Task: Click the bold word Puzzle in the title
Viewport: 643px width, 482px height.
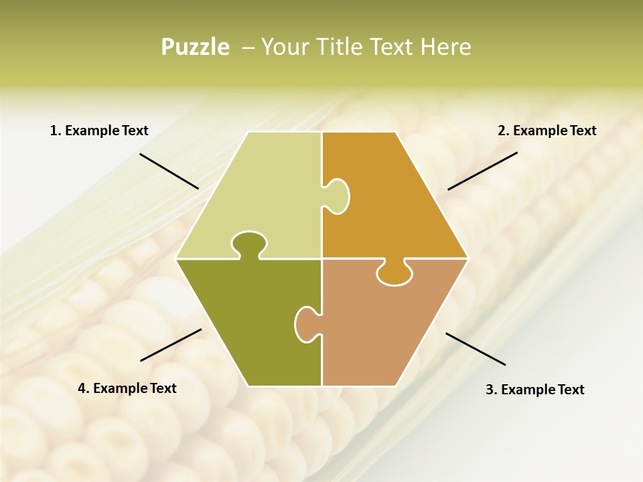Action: pos(195,47)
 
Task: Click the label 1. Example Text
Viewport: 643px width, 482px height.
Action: pos(99,131)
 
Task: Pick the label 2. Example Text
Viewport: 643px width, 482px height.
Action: pos(547,131)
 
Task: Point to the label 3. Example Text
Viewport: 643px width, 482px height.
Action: pos(534,390)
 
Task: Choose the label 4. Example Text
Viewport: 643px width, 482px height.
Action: pos(127,388)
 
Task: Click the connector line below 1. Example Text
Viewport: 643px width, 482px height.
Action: pos(169,171)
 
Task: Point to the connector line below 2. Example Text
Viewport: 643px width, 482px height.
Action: pos(482,171)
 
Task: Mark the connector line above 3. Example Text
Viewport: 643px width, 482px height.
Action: pos(476,349)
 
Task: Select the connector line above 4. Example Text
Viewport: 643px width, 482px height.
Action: pos(171,345)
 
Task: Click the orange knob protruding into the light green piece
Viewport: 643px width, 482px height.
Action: pos(338,195)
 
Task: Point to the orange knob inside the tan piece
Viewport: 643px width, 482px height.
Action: pos(393,273)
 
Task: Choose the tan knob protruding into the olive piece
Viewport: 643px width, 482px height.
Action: pos(307,323)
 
